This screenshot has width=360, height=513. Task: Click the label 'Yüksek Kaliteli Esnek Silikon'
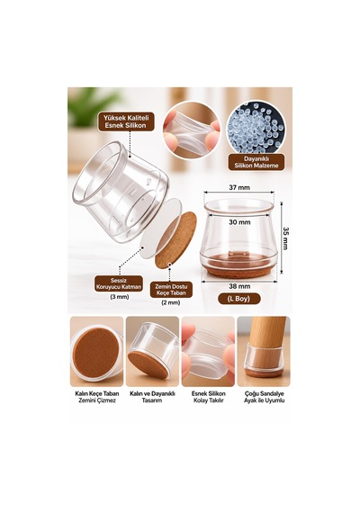pyautogui.click(x=126, y=121)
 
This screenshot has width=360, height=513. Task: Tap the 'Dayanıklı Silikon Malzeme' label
pyautogui.click(x=256, y=162)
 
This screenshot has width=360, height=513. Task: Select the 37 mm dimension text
pyautogui.click(x=239, y=187)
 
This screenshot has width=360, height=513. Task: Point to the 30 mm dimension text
pyautogui.click(x=239, y=222)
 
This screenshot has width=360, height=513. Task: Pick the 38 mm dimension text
pyautogui.click(x=239, y=286)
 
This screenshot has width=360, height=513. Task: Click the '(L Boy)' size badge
pyautogui.click(x=239, y=299)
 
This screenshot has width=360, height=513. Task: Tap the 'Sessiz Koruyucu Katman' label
pyautogui.click(x=119, y=283)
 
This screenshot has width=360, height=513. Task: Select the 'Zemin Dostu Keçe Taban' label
pyautogui.click(x=171, y=290)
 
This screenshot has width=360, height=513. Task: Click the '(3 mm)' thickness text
pyautogui.click(x=119, y=297)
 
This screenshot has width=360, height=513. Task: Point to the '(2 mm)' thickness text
pyautogui.click(x=171, y=302)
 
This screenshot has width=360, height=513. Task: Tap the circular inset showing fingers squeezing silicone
pyautogui.click(x=192, y=130)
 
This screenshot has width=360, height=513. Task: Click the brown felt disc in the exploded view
pyautogui.click(x=175, y=240)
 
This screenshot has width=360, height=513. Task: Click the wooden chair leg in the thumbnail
pyautogui.click(x=265, y=341)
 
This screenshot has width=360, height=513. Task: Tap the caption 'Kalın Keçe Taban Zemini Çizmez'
pyautogui.click(x=97, y=397)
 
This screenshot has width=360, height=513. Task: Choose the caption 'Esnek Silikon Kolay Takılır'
pyautogui.click(x=209, y=397)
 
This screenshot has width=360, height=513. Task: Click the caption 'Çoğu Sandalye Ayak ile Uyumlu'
pyautogui.click(x=264, y=397)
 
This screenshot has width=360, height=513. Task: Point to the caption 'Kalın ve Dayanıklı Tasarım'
pyautogui.click(x=152, y=397)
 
